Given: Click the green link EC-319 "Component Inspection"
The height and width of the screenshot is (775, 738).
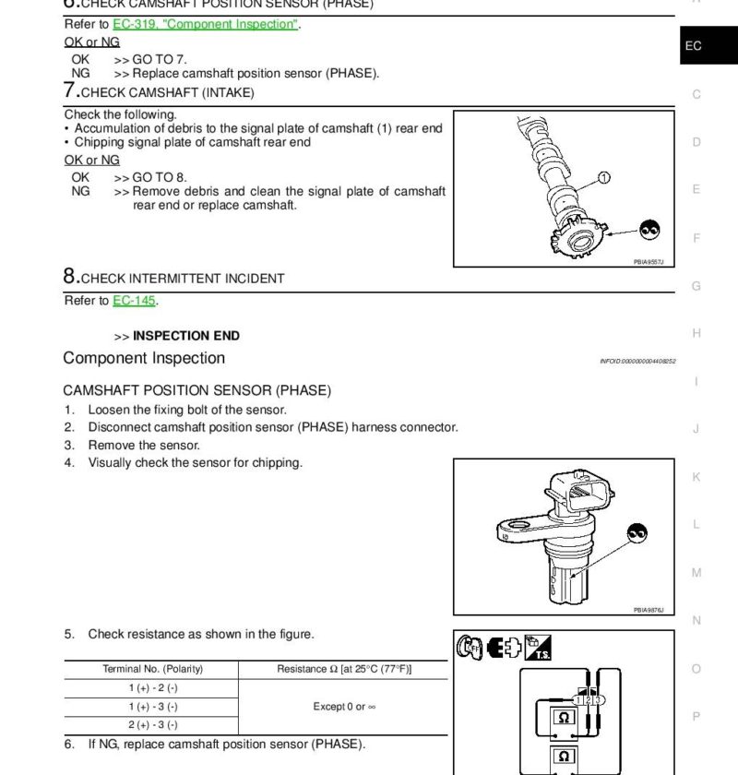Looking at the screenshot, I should (206, 24).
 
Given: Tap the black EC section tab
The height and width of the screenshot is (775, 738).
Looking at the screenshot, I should (693, 45).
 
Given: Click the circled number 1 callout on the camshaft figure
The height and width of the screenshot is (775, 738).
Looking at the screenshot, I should (604, 177).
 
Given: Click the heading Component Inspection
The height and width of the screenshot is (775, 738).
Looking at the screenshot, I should (144, 358).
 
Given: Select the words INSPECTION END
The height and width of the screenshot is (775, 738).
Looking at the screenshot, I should (186, 336).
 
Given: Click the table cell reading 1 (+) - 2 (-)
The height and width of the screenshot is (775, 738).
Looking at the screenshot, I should (152, 688).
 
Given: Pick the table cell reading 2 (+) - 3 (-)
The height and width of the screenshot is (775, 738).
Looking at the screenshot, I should (152, 725).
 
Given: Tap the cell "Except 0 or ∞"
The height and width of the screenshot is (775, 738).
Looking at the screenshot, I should (343, 707).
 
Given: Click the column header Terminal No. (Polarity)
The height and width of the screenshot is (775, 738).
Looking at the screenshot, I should (152, 669).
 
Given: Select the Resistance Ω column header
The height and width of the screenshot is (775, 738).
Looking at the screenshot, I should (343, 669).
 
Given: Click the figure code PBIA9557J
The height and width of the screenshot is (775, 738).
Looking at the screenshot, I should (648, 262).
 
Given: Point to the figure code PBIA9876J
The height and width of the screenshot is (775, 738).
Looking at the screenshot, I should (648, 610).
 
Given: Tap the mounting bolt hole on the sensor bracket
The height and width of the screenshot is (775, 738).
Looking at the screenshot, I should (506, 531).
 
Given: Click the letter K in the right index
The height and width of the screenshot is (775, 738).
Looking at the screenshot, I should (696, 477).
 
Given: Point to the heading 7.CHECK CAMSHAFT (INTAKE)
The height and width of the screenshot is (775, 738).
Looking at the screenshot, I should (159, 91).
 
